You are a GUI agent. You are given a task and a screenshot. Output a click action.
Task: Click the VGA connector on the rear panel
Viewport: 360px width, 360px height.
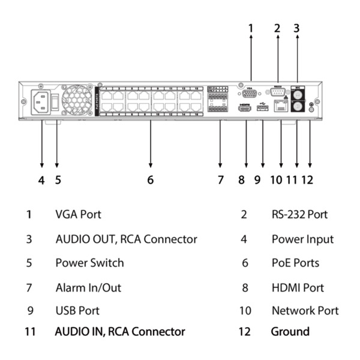(250, 94)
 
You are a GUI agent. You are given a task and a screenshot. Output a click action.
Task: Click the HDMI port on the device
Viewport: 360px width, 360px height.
(245, 110)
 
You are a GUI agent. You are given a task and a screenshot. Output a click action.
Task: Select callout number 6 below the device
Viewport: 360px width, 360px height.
(150, 179)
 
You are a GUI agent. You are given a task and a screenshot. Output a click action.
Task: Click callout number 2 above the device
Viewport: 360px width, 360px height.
(277, 28)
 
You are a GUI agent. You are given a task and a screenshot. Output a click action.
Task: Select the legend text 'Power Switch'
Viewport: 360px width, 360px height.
(89, 263)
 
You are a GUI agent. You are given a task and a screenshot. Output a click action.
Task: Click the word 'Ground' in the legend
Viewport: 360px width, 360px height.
(290, 331)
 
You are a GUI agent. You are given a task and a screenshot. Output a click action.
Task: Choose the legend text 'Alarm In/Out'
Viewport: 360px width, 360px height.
(88, 287)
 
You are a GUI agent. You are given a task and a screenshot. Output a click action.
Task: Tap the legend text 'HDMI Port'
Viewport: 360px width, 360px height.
(298, 287)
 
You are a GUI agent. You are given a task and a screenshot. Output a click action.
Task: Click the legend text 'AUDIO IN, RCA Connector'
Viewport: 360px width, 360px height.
(120, 331)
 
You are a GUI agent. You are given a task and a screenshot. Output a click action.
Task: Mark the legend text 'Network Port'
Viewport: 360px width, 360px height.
(305, 311)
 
